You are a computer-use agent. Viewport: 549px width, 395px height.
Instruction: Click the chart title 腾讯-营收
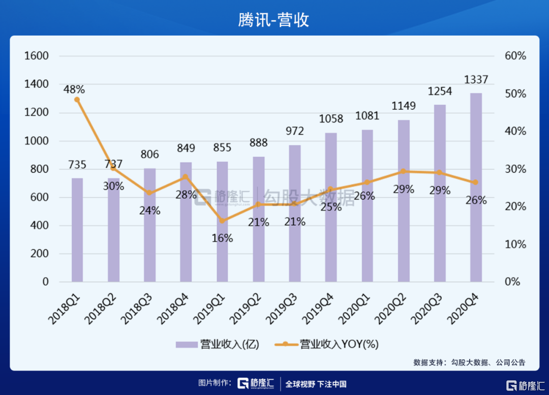(x=274, y=19)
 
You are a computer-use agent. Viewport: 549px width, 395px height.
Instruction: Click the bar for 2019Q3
(x=294, y=214)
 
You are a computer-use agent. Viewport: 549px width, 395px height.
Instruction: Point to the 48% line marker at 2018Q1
(x=77, y=100)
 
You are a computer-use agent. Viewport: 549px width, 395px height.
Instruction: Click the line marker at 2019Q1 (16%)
(x=222, y=221)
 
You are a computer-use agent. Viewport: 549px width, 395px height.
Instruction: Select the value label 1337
(x=476, y=80)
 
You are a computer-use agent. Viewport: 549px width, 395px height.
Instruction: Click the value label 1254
(x=440, y=92)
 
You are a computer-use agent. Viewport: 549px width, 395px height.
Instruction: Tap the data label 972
(x=294, y=131)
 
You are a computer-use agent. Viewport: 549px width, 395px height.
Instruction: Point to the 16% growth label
(x=222, y=238)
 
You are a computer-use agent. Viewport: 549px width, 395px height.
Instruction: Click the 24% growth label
(x=150, y=210)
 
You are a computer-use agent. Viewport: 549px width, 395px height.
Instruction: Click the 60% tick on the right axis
(x=515, y=56)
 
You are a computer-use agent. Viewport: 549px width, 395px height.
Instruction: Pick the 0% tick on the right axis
(x=512, y=282)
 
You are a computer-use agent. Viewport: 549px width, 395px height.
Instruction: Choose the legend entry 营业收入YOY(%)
(x=327, y=344)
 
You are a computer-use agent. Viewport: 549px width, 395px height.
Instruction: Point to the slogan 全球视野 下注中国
(x=316, y=384)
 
